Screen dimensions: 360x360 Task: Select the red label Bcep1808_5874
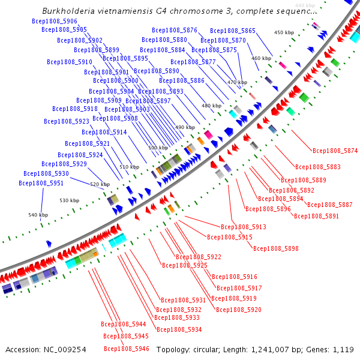click(335, 151)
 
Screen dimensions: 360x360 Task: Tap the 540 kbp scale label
click(38, 215)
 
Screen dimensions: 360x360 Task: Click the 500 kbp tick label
click(158, 148)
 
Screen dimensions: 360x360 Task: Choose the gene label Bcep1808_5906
click(54, 20)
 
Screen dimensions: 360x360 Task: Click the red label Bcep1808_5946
click(127, 349)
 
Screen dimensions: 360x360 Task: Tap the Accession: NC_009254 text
click(46, 349)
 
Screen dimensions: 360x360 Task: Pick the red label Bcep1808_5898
click(276, 248)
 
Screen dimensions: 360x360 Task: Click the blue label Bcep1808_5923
click(67, 121)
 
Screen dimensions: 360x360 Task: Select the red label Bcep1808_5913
click(244, 227)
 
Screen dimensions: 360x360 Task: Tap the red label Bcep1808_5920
click(239, 310)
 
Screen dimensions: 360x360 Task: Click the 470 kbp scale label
click(237, 82)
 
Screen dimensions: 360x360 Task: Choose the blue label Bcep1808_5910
click(70, 62)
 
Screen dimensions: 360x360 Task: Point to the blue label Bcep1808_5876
click(175, 30)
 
